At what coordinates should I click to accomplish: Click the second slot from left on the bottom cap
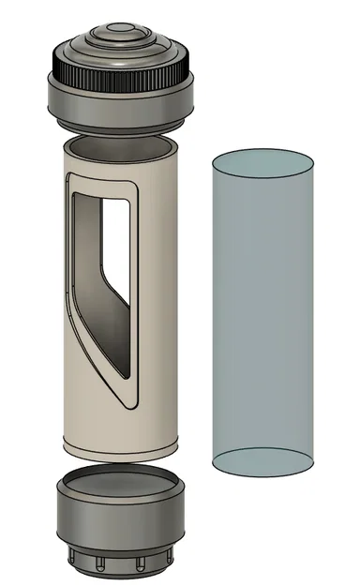[x=99, y=564]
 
